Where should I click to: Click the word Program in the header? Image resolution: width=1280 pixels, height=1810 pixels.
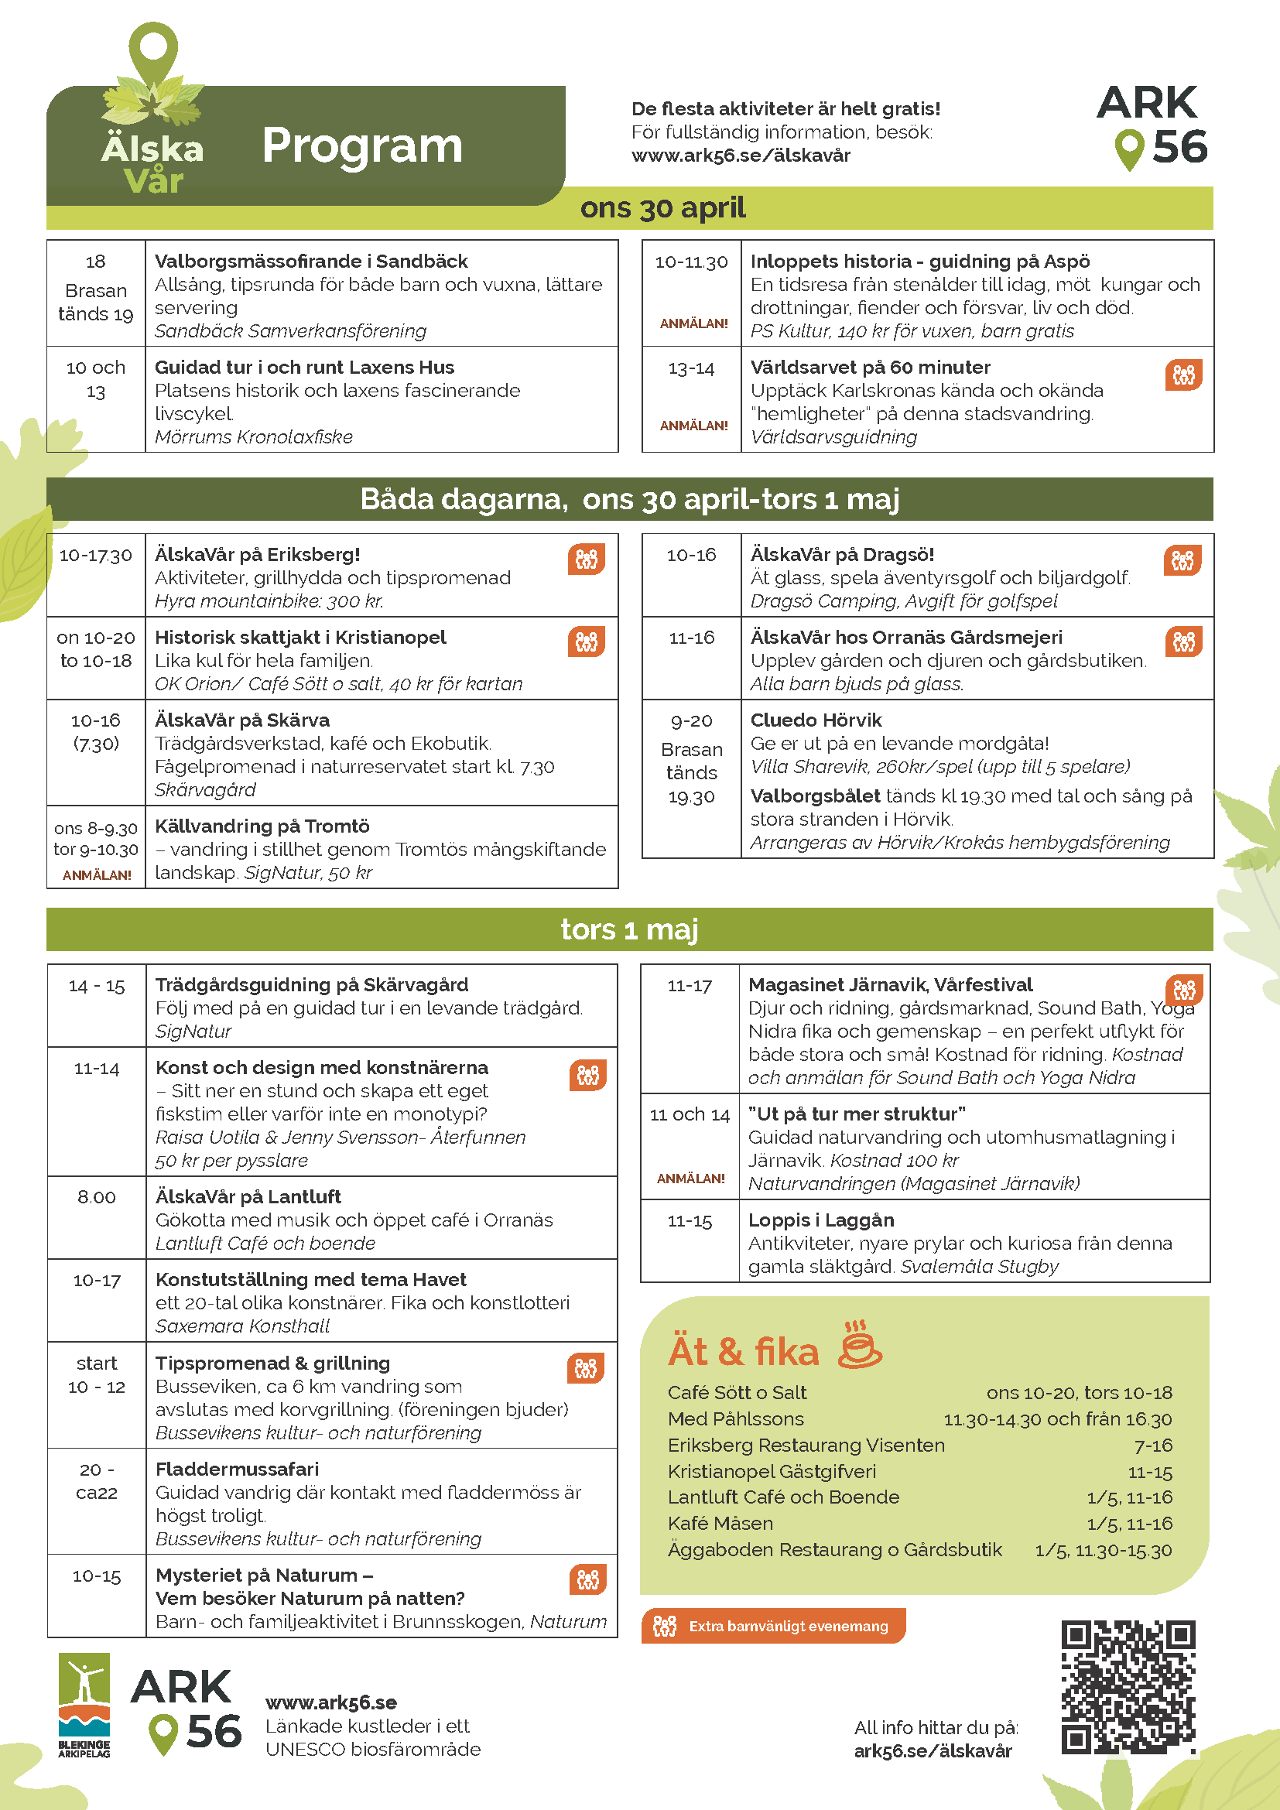pos(362,145)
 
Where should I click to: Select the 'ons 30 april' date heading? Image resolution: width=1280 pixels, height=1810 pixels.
pos(662,208)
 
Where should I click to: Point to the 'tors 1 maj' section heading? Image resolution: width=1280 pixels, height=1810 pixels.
pos(629,929)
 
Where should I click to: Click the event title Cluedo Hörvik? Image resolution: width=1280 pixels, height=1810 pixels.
pos(816,720)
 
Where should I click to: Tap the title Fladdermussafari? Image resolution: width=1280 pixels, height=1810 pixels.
pos(238,1469)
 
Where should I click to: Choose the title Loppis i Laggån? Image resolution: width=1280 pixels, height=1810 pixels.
pos(820,1220)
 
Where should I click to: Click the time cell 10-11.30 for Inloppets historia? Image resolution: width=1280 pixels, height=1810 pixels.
pos(691,262)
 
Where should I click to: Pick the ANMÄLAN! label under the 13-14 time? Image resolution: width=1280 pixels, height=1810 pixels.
pos(693,426)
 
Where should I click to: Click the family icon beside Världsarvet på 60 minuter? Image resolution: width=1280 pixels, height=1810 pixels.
pos(1183,375)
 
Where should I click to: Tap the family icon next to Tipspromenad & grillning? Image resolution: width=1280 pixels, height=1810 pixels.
pos(586,1369)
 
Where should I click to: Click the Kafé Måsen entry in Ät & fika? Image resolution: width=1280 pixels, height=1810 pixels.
pos(720,1523)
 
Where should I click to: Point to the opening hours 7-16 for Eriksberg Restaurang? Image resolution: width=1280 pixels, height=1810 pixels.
pos(1152,1445)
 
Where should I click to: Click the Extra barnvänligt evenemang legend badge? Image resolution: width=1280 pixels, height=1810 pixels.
pos(773,1626)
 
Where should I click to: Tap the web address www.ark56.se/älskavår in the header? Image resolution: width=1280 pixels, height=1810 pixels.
pos(740,156)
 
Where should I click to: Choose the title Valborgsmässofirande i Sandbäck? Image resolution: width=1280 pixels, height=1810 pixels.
pos(310,261)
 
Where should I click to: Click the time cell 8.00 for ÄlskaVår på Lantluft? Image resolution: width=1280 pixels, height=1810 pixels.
pos(96,1196)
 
